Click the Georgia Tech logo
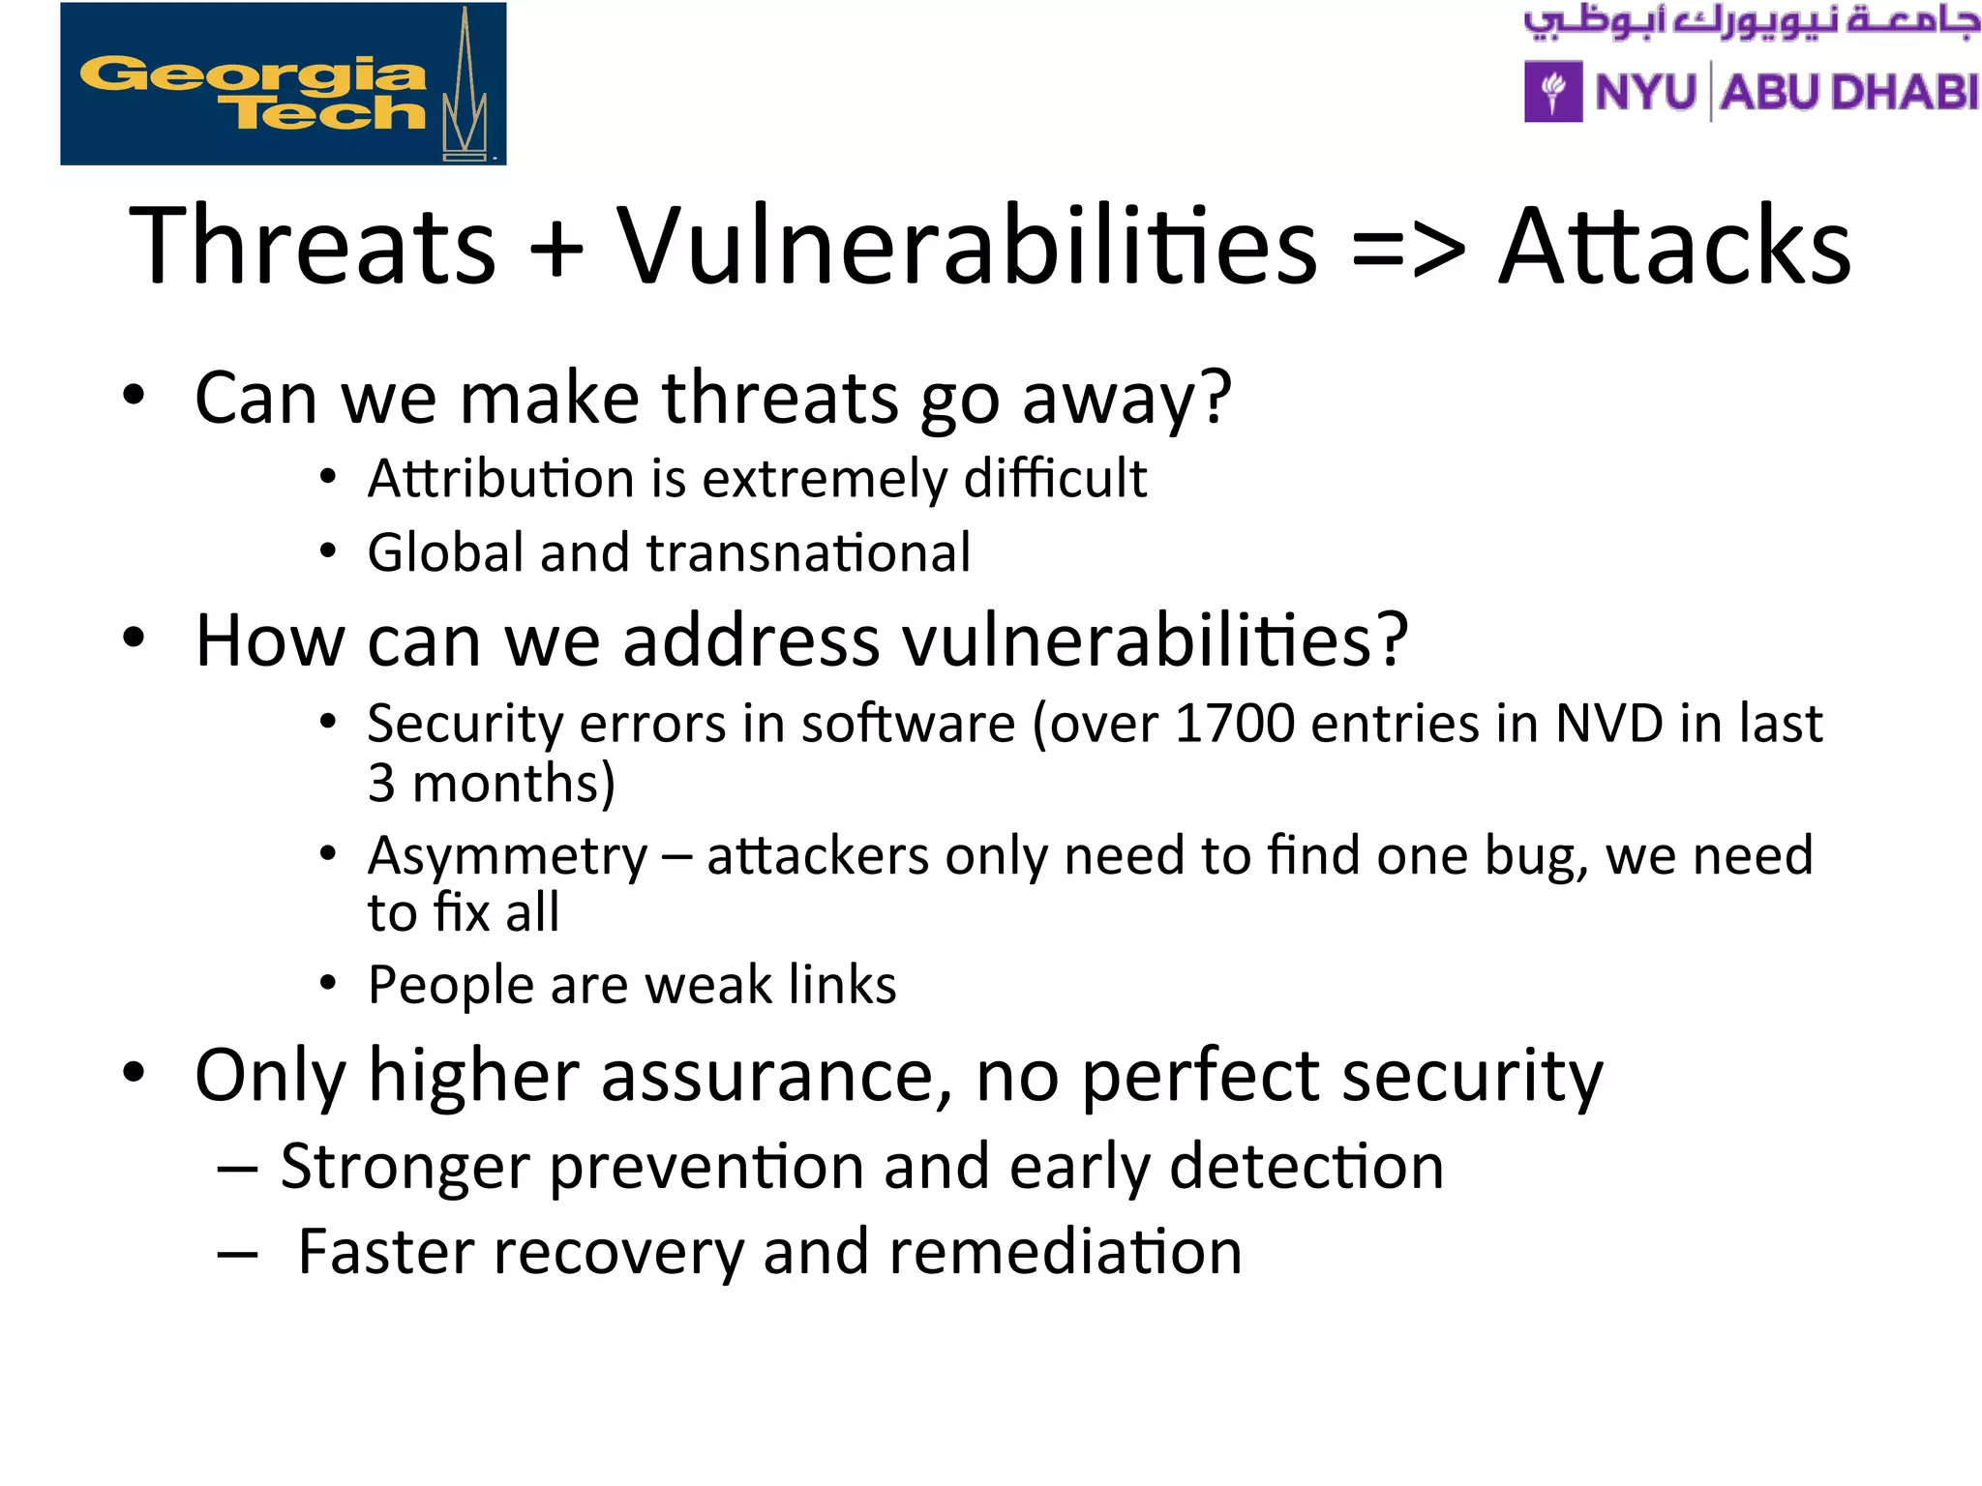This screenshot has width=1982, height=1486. (283, 84)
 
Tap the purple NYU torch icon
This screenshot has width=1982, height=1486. (1553, 92)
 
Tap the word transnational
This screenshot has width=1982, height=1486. (808, 553)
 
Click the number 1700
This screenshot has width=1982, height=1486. (1234, 724)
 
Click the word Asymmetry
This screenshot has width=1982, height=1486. (507, 857)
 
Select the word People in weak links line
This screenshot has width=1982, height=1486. (450, 986)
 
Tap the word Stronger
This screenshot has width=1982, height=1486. (405, 1167)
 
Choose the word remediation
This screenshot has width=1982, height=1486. (1065, 1252)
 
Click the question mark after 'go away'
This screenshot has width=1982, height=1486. (1216, 399)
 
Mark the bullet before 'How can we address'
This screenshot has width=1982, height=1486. (134, 639)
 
